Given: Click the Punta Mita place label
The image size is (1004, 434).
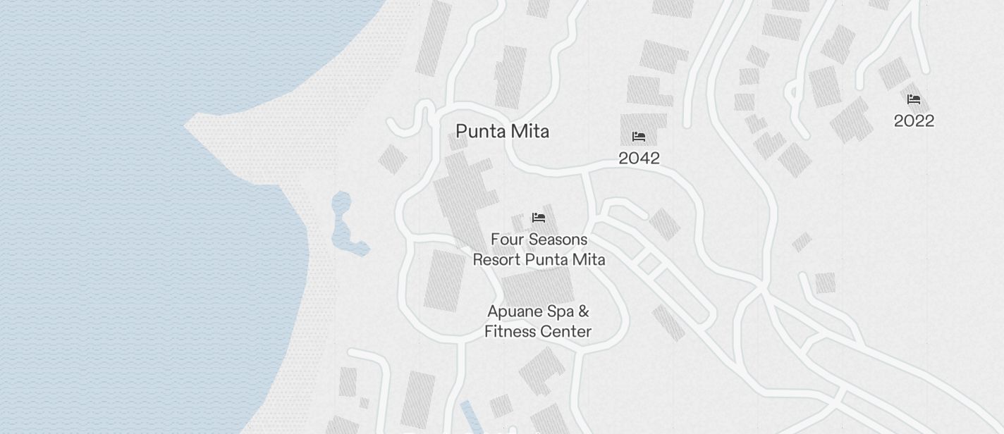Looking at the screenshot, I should point(502,132).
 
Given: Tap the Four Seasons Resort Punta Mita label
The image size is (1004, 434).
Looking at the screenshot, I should point(539,249).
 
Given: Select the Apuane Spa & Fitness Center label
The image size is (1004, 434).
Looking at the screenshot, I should point(538,321).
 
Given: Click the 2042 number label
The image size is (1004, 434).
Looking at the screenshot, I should point(639,159).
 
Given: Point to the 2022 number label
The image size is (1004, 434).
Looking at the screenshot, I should point(914,121).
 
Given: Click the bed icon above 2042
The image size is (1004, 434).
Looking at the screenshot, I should point(639,137).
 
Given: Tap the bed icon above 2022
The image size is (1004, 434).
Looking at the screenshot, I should point(914,99).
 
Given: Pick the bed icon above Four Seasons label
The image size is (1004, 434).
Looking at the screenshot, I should point(539,218).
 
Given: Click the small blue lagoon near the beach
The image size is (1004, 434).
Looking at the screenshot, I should point(344,222).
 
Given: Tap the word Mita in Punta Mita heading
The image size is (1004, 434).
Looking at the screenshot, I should point(531,132).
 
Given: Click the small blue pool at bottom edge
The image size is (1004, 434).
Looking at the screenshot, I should point(468,416).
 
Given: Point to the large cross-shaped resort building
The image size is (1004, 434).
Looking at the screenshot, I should point(462,194).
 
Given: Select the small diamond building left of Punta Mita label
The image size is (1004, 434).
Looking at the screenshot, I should point(392,159).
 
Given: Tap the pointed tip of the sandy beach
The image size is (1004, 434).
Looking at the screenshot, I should point(188,127).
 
